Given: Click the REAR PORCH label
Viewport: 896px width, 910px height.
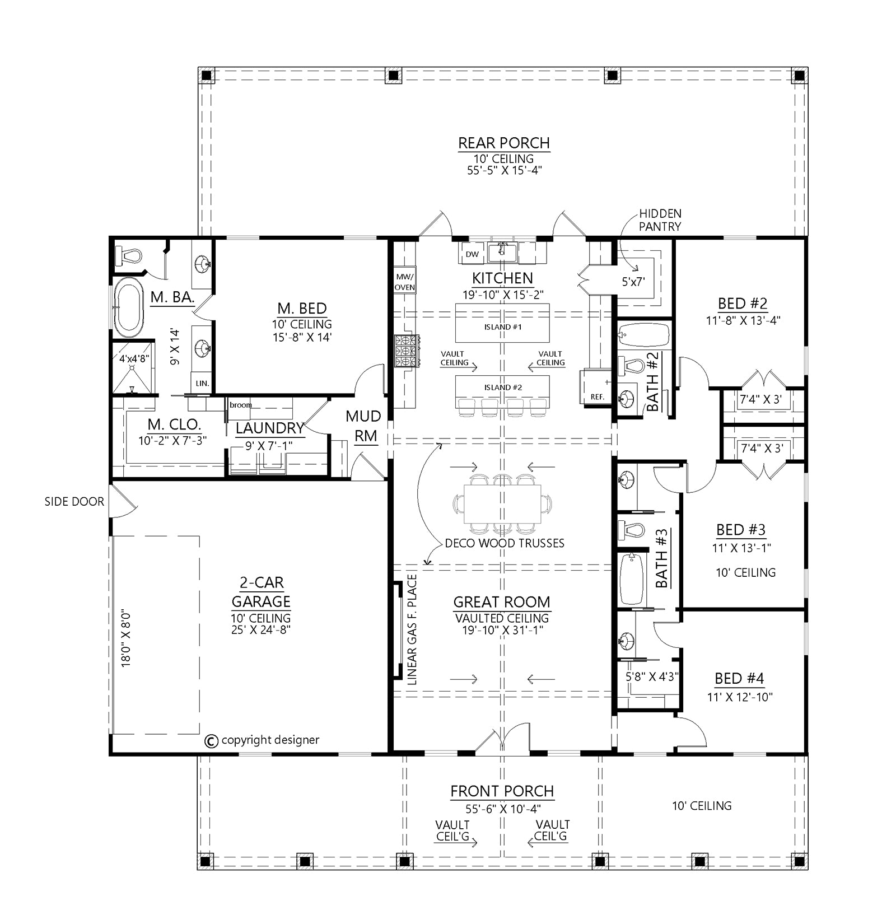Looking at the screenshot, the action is (x=504, y=143).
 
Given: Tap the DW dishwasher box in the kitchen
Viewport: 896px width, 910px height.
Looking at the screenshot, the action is (x=473, y=254).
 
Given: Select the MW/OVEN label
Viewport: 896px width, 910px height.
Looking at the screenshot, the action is (x=404, y=282).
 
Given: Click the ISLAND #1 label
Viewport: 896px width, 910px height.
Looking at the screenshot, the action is (x=502, y=327).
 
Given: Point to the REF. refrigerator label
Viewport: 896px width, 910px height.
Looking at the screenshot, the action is (x=597, y=397).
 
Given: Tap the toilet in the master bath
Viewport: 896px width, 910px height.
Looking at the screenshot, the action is (x=128, y=256).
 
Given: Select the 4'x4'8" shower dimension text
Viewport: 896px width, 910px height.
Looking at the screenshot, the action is (x=134, y=358).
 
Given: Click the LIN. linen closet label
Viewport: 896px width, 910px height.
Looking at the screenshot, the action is (x=202, y=384).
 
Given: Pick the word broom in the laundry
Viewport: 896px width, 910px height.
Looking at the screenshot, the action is (x=241, y=405).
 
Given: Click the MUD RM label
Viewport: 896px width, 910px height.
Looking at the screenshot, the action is (x=363, y=426).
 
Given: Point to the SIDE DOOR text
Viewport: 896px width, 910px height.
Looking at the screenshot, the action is (x=74, y=502).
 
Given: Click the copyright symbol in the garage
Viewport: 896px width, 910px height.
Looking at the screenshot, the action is (x=211, y=741).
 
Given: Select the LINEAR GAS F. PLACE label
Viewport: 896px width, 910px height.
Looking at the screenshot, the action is (x=413, y=630).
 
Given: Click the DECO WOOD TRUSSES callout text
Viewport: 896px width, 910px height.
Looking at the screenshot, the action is (x=505, y=543).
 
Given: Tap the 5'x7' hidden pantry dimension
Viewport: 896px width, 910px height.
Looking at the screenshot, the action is (x=634, y=282).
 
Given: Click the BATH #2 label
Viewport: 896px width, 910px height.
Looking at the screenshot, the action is (x=653, y=381).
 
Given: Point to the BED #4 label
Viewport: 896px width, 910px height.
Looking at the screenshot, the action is (x=739, y=679).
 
